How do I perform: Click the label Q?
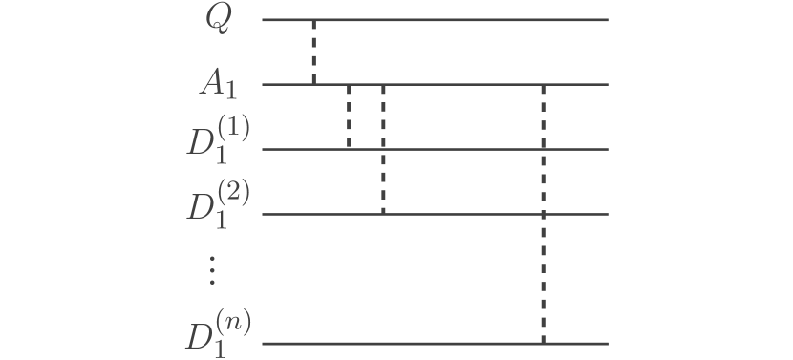pos(218,20)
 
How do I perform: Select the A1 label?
pos(217,85)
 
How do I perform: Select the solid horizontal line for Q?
pos(459,19)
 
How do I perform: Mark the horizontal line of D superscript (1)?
pos(478,149)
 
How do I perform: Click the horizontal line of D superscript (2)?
pos(478,214)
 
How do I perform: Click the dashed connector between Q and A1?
pos(313,53)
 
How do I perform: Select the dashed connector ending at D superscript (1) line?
pos(349,116)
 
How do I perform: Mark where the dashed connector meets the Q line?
pos(313,19)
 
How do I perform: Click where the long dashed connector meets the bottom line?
pos(543,343)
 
